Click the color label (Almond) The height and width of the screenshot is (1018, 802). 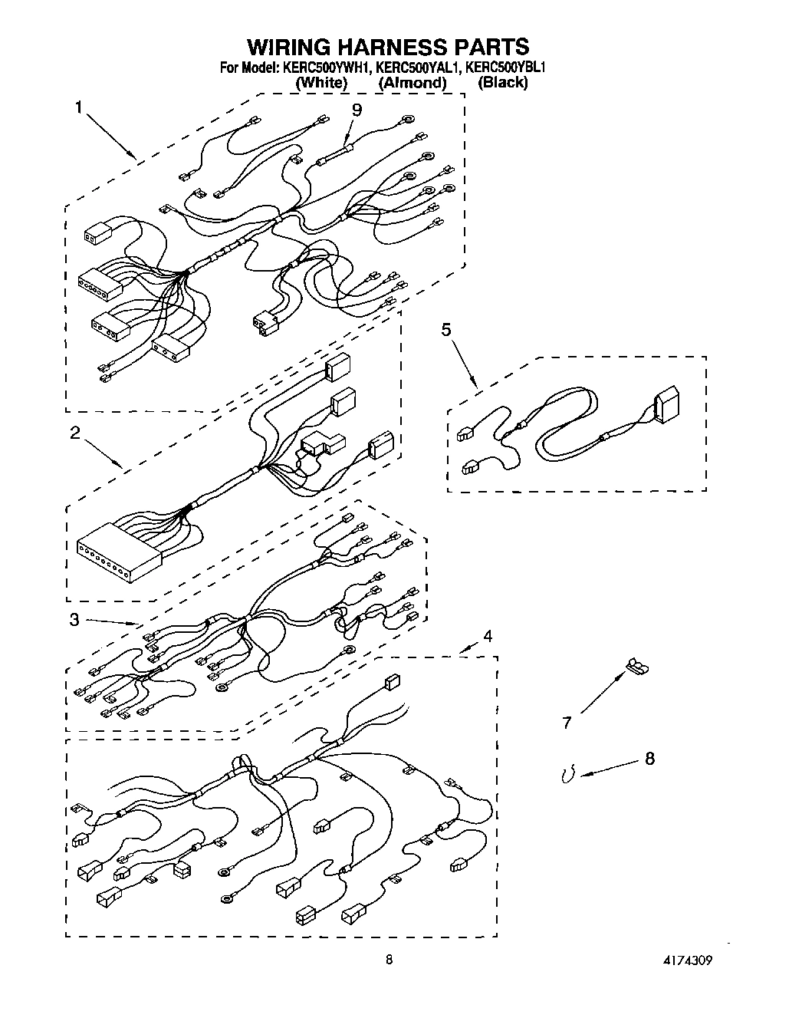pyautogui.click(x=412, y=83)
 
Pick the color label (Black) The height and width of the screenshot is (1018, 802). pyautogui.click(x=502, y=83)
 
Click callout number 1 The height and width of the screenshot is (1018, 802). pyautogui.click(x=78, y=107)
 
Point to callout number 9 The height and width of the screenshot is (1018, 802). pyautogui.click(x=357, y=110)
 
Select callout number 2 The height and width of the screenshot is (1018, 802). pyautogui.click(x=74, y=433)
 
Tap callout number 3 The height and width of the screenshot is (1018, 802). pyautogui.click(x=74, y=620)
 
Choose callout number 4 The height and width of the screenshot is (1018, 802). pyautogui.click(x=488, y=636)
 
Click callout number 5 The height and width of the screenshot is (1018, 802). pyautogui.click(x=445, y=330)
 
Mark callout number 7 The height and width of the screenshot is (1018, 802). pyautogui.click(x=567, y=722)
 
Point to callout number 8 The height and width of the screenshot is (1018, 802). pyautogui.click(x=649, y=759)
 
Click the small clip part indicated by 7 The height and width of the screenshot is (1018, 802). pyautogui.click(x=636, y=667)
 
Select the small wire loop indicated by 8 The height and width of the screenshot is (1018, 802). pyautogui.click(x=568, y=776)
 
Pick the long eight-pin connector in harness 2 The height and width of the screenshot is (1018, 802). pyautogui.click(x=119, y=548)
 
